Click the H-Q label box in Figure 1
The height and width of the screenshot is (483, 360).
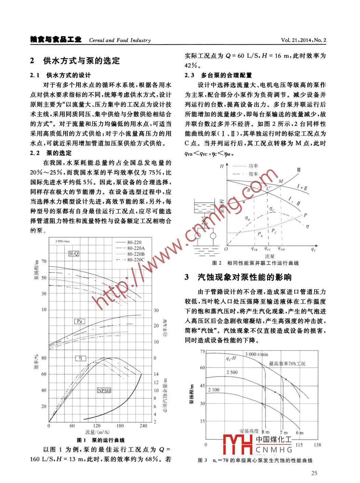tap(74, 253)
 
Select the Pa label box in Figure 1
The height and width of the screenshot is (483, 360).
tap(79, 321)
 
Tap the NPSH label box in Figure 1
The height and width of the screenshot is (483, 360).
tap(104, 390)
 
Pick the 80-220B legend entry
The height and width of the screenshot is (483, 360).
tap(136, 254)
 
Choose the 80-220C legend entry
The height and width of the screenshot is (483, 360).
tap(136, 260)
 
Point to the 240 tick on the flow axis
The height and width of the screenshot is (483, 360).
tap(143, 426)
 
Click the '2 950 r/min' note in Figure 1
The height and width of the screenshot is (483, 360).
tap(63, 241)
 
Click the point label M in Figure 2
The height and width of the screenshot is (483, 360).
tap(281, 181)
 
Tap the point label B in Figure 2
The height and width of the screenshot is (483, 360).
tap(249, 190)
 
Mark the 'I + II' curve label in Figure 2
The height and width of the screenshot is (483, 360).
tap(302, 188)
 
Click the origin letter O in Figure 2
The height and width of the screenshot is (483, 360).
tap(226, 249)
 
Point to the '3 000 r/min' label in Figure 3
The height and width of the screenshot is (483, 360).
tap(256, 354)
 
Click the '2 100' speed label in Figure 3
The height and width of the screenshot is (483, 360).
tap(214, 390)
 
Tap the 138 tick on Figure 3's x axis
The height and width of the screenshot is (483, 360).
tap(317, 445)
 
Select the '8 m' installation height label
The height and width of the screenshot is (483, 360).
tap(265, 432)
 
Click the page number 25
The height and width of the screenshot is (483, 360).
tap(314, 473)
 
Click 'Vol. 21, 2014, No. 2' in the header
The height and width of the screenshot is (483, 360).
tap(304, 40)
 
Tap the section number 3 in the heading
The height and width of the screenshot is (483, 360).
tap(187, 277)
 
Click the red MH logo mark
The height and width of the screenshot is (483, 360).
tap(238, 444)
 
